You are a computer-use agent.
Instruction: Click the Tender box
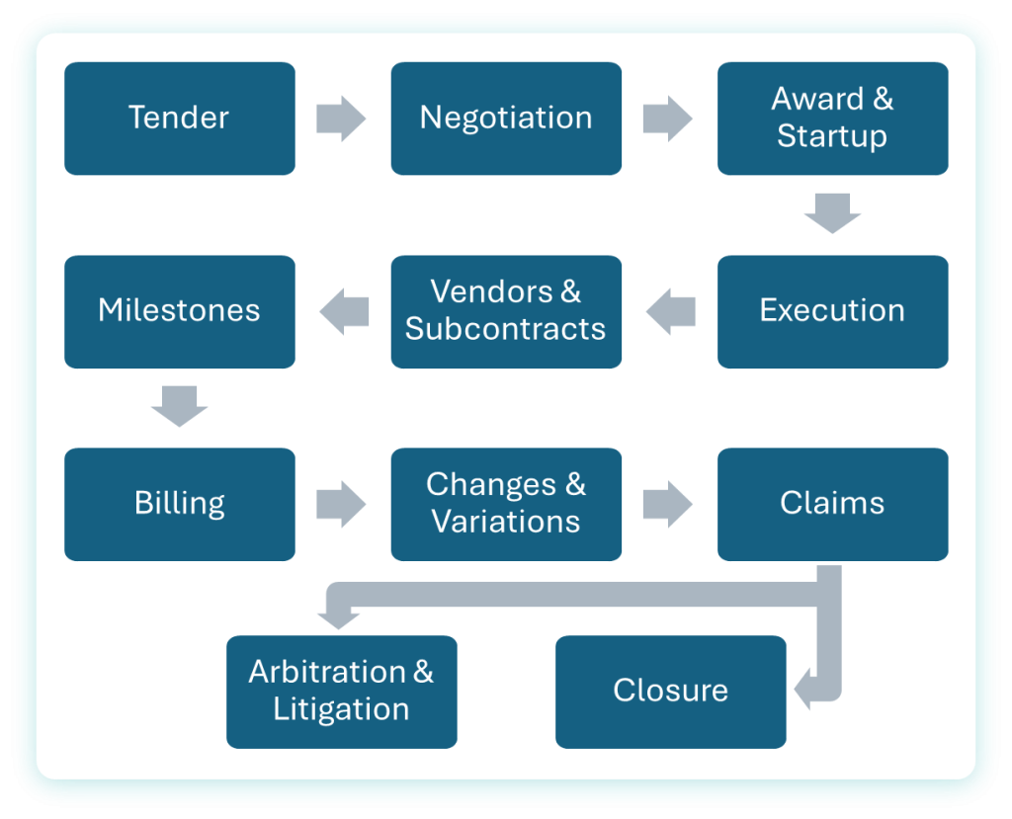click(180, 119)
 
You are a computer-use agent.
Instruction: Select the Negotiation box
click(506, 119)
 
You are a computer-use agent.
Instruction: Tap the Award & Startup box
click(832, 119)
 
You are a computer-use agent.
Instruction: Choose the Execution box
click(832, 311)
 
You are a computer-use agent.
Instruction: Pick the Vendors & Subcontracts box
click(506, 311)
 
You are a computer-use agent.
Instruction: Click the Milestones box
click(180, 311)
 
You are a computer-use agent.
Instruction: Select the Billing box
click(180, 504)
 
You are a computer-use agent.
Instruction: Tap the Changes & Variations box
click(506, 504)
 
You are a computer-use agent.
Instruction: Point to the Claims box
click(832, 504)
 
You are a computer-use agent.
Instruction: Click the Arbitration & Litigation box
click(341, 692)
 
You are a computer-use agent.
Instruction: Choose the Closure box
click(670, 692)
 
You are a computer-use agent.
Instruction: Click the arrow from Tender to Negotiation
click(341, 119)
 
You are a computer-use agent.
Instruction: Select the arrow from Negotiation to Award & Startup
click(667, 119)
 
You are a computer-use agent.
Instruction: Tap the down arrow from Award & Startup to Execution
click(832, 212)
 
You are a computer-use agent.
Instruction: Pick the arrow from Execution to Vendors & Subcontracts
click(671, 311)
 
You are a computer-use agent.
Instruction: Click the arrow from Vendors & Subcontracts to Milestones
click(344, 311)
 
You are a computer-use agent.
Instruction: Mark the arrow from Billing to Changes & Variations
click(341, 504)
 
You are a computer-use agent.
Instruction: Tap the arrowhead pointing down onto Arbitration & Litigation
click(339, 620)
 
